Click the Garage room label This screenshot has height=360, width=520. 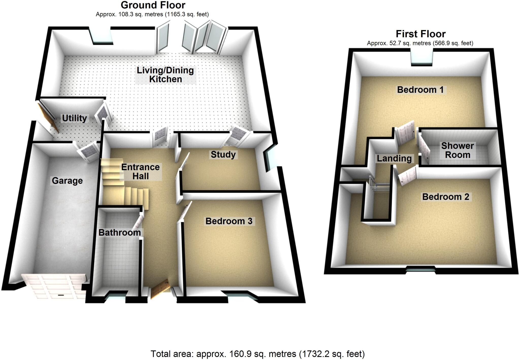67,181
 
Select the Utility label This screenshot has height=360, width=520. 74,118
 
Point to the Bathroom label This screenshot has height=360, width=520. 120,232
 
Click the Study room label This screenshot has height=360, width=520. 223,154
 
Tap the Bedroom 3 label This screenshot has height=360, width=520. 229,221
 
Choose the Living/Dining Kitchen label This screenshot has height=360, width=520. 165,75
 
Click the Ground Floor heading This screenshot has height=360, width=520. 153,5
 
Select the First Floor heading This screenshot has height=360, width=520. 420,34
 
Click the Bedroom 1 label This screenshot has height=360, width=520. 420,90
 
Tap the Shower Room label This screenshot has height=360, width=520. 457,150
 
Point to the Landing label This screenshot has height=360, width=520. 394,158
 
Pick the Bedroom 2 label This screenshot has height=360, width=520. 445,197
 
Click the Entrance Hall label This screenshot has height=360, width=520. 140,171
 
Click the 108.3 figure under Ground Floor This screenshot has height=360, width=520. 125,15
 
